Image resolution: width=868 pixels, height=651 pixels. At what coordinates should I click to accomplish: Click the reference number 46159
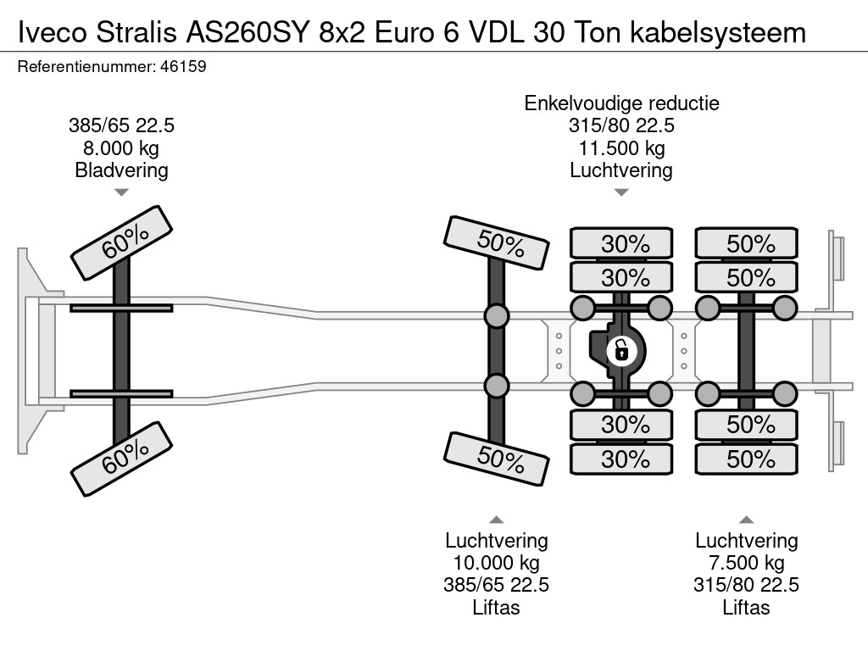point(182,66)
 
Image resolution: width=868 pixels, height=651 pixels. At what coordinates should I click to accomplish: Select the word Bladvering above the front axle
point(121,170)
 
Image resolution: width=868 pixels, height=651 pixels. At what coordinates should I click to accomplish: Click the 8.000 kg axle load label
point(121,148)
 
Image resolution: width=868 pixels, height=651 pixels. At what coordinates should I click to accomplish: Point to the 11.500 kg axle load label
point(621,148)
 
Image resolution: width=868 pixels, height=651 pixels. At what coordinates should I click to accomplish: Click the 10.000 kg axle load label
point(497,563)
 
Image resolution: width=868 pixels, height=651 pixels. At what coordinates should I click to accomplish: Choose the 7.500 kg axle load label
point(747,563)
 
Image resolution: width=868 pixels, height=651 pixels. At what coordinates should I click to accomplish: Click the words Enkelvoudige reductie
point(621,103)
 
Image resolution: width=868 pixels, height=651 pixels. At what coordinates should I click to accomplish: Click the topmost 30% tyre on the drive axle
point(621,244)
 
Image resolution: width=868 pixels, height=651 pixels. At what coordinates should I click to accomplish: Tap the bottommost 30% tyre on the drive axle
point(621,459)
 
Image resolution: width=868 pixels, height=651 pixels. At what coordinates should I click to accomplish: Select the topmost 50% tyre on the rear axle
point(747,244)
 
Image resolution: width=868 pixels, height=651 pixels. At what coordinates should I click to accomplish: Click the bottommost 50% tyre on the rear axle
point(747,459)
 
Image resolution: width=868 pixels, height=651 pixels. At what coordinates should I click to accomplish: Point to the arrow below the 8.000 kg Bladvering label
point(121,192)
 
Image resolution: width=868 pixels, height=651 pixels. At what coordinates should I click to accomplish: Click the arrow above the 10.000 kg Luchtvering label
point(497,520)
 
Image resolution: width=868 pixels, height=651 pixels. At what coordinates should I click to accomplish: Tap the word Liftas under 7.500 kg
point(747,607)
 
